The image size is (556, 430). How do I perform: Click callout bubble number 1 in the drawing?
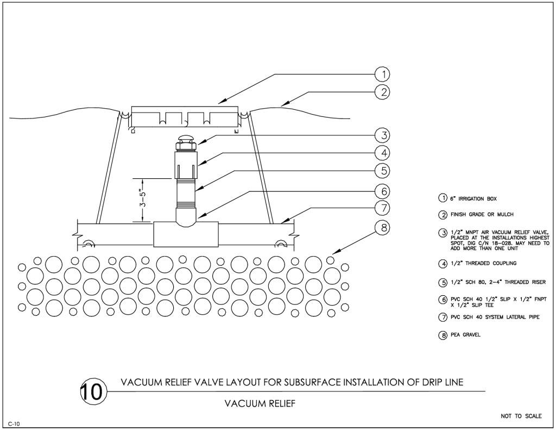tap(383, 73)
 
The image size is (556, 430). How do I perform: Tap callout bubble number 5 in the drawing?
tap(383, 171)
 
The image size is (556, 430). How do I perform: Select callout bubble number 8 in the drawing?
tap(383, 228)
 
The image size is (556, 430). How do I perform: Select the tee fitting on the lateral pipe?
tap(186, 234)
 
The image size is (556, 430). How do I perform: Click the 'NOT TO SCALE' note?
tap(521, 416)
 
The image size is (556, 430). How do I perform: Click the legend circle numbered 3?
tap(443, 234)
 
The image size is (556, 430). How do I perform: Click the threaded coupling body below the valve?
tap(186, 161)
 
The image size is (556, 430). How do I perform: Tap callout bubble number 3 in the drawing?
tap(383, 135)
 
